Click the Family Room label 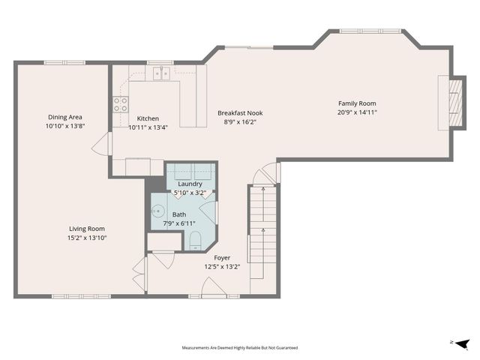point(357,103)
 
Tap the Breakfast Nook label point(240,113)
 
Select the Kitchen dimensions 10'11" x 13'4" point(148,127)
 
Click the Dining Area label point(65,117)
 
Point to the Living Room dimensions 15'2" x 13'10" point(87,238)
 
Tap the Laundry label point(190,184)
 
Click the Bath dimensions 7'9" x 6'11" point(179,223)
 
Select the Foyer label point(222,258)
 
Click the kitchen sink point(162,73)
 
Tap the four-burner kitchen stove point(121,104)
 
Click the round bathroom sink point(158,211)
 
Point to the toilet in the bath point(195,241)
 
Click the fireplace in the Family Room point(455,103)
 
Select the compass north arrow point(462,344)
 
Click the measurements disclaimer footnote point(240,348)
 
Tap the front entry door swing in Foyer point(214,286)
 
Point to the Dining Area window point(64,63)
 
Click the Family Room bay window point(370,31)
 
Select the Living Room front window point(81,296)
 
